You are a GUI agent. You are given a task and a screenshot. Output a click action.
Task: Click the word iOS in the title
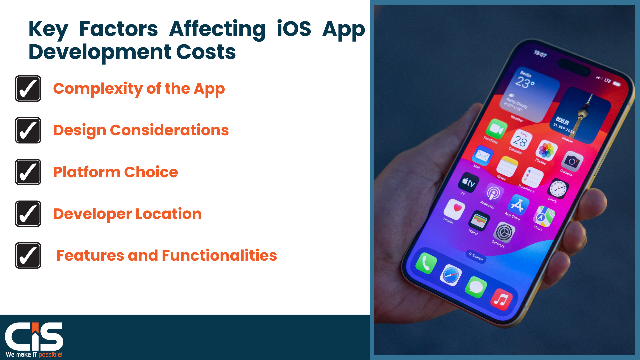pos(294,29)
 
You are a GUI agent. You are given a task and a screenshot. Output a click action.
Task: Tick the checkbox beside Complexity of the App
pos(28,89)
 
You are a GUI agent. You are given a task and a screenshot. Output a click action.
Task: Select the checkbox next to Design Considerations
pos(28,130)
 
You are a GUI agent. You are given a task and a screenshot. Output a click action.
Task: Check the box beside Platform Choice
pos(28,172)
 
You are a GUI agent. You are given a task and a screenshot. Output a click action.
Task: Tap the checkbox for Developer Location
pos(28,214)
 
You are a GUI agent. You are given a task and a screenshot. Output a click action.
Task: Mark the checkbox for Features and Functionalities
pos(28,255)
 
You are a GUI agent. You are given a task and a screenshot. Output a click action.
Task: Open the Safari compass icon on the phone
pos(451,275)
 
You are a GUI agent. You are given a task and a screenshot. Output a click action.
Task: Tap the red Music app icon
pos(501,299)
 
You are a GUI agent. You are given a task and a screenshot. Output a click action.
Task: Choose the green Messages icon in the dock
pos(476,287)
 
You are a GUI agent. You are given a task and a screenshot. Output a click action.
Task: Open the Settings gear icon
pos(504,232)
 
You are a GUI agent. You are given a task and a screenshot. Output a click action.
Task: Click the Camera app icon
pos(572,162)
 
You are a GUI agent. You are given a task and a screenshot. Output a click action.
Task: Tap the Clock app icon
pos(558,189)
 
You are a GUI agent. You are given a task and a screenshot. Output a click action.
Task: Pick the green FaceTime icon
pos(496,129)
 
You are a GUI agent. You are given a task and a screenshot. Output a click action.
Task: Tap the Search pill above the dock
pos(476,256)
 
